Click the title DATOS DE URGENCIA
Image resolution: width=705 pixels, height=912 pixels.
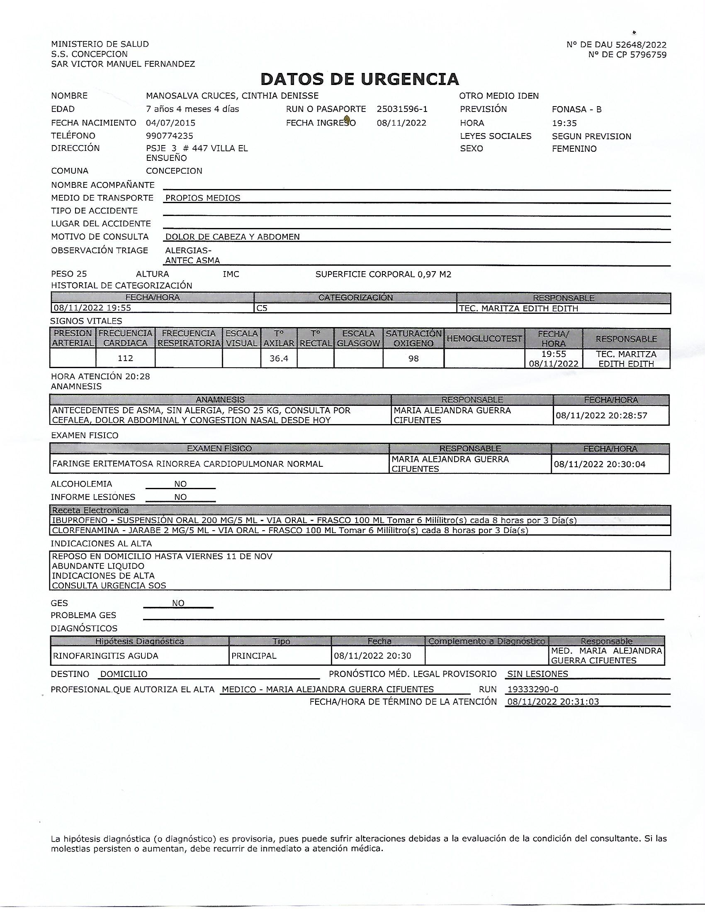point(360,79)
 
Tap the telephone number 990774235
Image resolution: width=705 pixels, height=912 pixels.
point(170,136)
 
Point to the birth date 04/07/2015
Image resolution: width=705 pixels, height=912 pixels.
point(170,123)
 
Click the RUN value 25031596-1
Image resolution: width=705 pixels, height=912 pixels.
point(402,109)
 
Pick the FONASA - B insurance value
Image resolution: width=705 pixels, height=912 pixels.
point(576,109)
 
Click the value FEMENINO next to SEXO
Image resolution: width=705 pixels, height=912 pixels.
point(574,149)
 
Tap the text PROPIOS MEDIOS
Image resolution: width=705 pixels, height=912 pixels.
point(203,198)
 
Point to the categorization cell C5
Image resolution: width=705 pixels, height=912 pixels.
point(262,308)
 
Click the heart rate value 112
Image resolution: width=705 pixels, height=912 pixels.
point(125,358)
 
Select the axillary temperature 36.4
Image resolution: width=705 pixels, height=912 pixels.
point(279,358)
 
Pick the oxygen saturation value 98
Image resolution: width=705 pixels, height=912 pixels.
point(413,358)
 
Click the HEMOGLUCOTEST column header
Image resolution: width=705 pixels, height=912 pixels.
point(484,338)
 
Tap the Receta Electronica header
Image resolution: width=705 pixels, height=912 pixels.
point(90,510)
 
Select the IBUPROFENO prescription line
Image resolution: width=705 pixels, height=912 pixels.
point(314,520)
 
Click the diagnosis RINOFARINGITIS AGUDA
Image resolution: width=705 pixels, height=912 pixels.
point(106,656)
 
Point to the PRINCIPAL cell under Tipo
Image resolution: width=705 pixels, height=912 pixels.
point(254,656)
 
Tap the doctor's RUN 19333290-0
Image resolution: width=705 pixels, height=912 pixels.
point(532,689)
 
